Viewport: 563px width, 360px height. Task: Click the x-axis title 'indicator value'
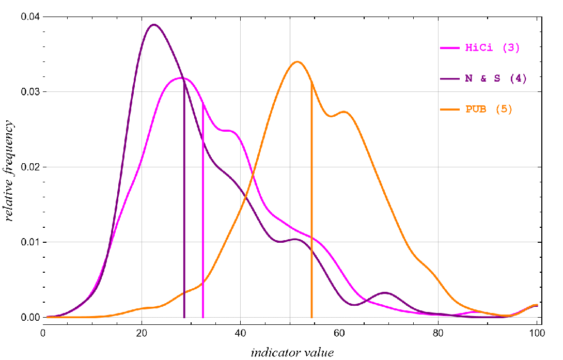(292, 353)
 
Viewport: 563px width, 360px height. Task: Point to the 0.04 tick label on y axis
(29, 17)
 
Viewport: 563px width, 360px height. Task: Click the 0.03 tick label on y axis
(29, 92)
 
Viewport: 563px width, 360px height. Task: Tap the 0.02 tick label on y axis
(29, 167)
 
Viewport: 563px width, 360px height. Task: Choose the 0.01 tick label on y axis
(29, 242)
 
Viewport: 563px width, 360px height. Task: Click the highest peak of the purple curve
(153, 24)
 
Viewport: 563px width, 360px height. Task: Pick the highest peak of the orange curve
(297, 61)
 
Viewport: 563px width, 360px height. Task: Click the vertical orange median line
(311, 207)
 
